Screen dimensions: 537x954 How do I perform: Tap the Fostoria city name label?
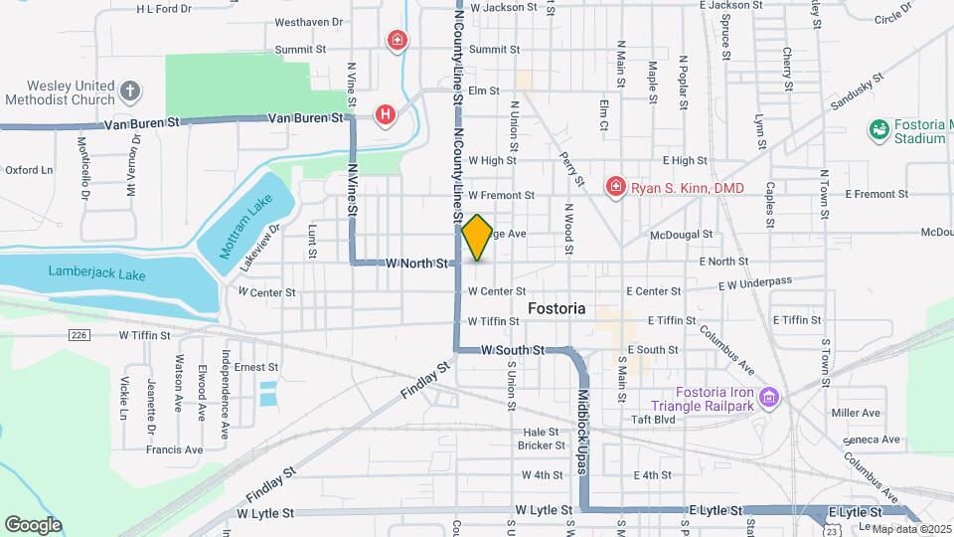556,308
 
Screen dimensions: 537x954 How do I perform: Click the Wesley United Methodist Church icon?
129,92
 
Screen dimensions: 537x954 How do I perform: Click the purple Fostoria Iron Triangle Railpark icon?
767,398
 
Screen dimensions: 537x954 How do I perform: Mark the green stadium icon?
878,129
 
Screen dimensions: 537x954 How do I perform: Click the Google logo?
33,524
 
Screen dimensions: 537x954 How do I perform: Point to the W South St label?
513,350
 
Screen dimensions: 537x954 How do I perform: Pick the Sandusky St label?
856,90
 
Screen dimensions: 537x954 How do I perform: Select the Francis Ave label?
174,449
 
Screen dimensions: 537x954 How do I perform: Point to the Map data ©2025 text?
908,527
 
